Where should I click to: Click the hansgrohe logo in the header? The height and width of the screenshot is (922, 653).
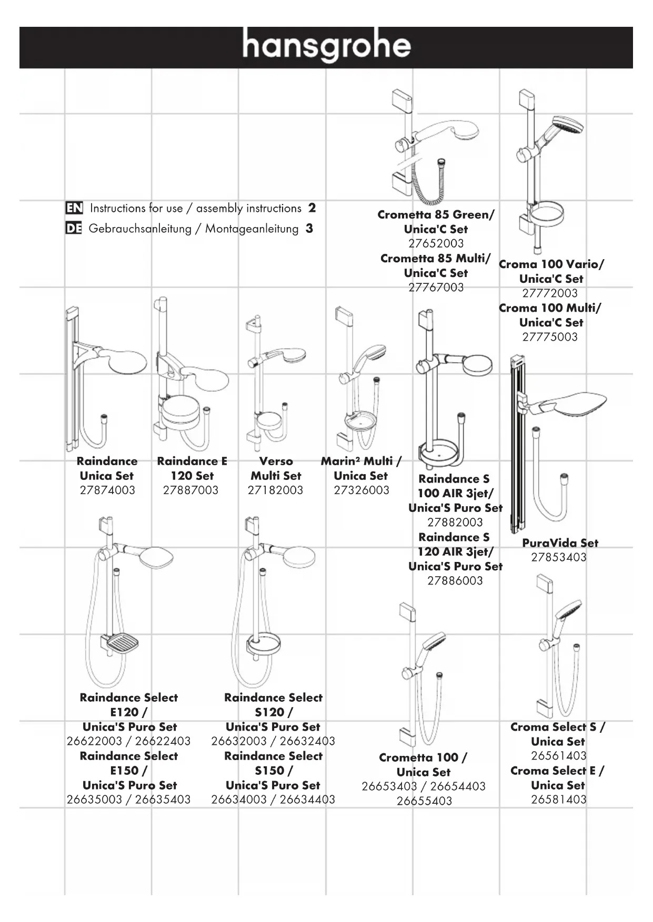pyautogui.click(x=326, y=46)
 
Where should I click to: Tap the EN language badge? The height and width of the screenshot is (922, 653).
pyautogui.click(x=74, y=208)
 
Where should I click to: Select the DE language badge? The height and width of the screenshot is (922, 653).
pyautogui.click(x=74, y=229)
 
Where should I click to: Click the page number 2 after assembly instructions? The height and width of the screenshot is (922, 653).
pyautogui.click(x=312, y=208)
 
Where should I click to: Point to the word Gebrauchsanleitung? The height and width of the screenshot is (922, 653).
pyautogui.click(x=140, y=229)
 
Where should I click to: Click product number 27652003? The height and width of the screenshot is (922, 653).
pyautogui.click(x=436, y=243)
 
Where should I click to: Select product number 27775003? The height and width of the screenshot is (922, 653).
pyautogui.click(x=550, y=337)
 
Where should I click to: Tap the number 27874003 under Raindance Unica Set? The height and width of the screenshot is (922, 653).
pyautogui.click(x=107, y=490)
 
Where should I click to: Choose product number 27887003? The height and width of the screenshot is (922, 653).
pyautogui.click(x=190, y=490)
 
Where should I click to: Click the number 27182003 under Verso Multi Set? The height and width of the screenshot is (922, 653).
pyautogui.click(x=275, y=490)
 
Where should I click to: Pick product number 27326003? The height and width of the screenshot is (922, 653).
pyautogui.click(x=361, y=490)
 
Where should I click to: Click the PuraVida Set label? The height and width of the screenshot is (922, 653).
pyautogui.click(x=560, y=543)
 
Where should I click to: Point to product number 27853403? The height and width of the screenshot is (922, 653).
pyautogui.click(x=558, y=557)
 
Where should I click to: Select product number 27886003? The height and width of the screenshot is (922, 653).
pyautogui.click(x=455, y=581)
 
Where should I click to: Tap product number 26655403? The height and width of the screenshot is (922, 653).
pyautogui.click(x=424, y=801)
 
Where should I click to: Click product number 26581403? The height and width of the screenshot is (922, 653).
pyautogui.click(x=558, y=800)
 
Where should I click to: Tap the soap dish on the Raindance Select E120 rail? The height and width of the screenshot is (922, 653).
pyautogui.click(x=123, y=642)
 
